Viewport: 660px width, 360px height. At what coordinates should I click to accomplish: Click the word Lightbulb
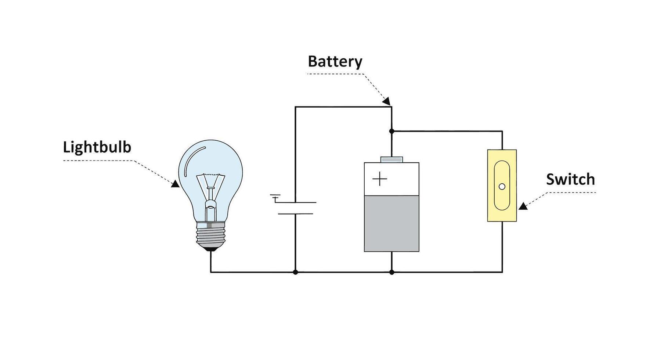97,148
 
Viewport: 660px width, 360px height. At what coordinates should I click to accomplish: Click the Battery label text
335,62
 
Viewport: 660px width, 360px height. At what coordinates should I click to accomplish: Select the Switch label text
570,180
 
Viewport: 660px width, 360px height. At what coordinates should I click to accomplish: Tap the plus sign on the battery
380,179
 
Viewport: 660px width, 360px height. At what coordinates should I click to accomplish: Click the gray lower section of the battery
392,223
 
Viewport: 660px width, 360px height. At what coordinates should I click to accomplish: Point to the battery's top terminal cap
392,159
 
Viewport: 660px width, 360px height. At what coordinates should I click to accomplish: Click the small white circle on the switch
502,187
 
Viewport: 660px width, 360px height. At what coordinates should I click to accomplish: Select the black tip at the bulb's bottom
210,249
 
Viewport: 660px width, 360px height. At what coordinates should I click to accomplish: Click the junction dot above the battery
392,131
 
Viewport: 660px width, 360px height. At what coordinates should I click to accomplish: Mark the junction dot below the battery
392,272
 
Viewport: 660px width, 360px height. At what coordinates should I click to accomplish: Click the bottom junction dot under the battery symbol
295,272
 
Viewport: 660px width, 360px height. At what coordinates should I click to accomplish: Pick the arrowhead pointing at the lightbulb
176,184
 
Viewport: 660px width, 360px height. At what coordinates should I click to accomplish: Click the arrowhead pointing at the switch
523,206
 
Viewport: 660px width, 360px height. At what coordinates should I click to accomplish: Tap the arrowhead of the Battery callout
386,101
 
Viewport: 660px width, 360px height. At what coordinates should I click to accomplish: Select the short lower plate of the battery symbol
295,213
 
